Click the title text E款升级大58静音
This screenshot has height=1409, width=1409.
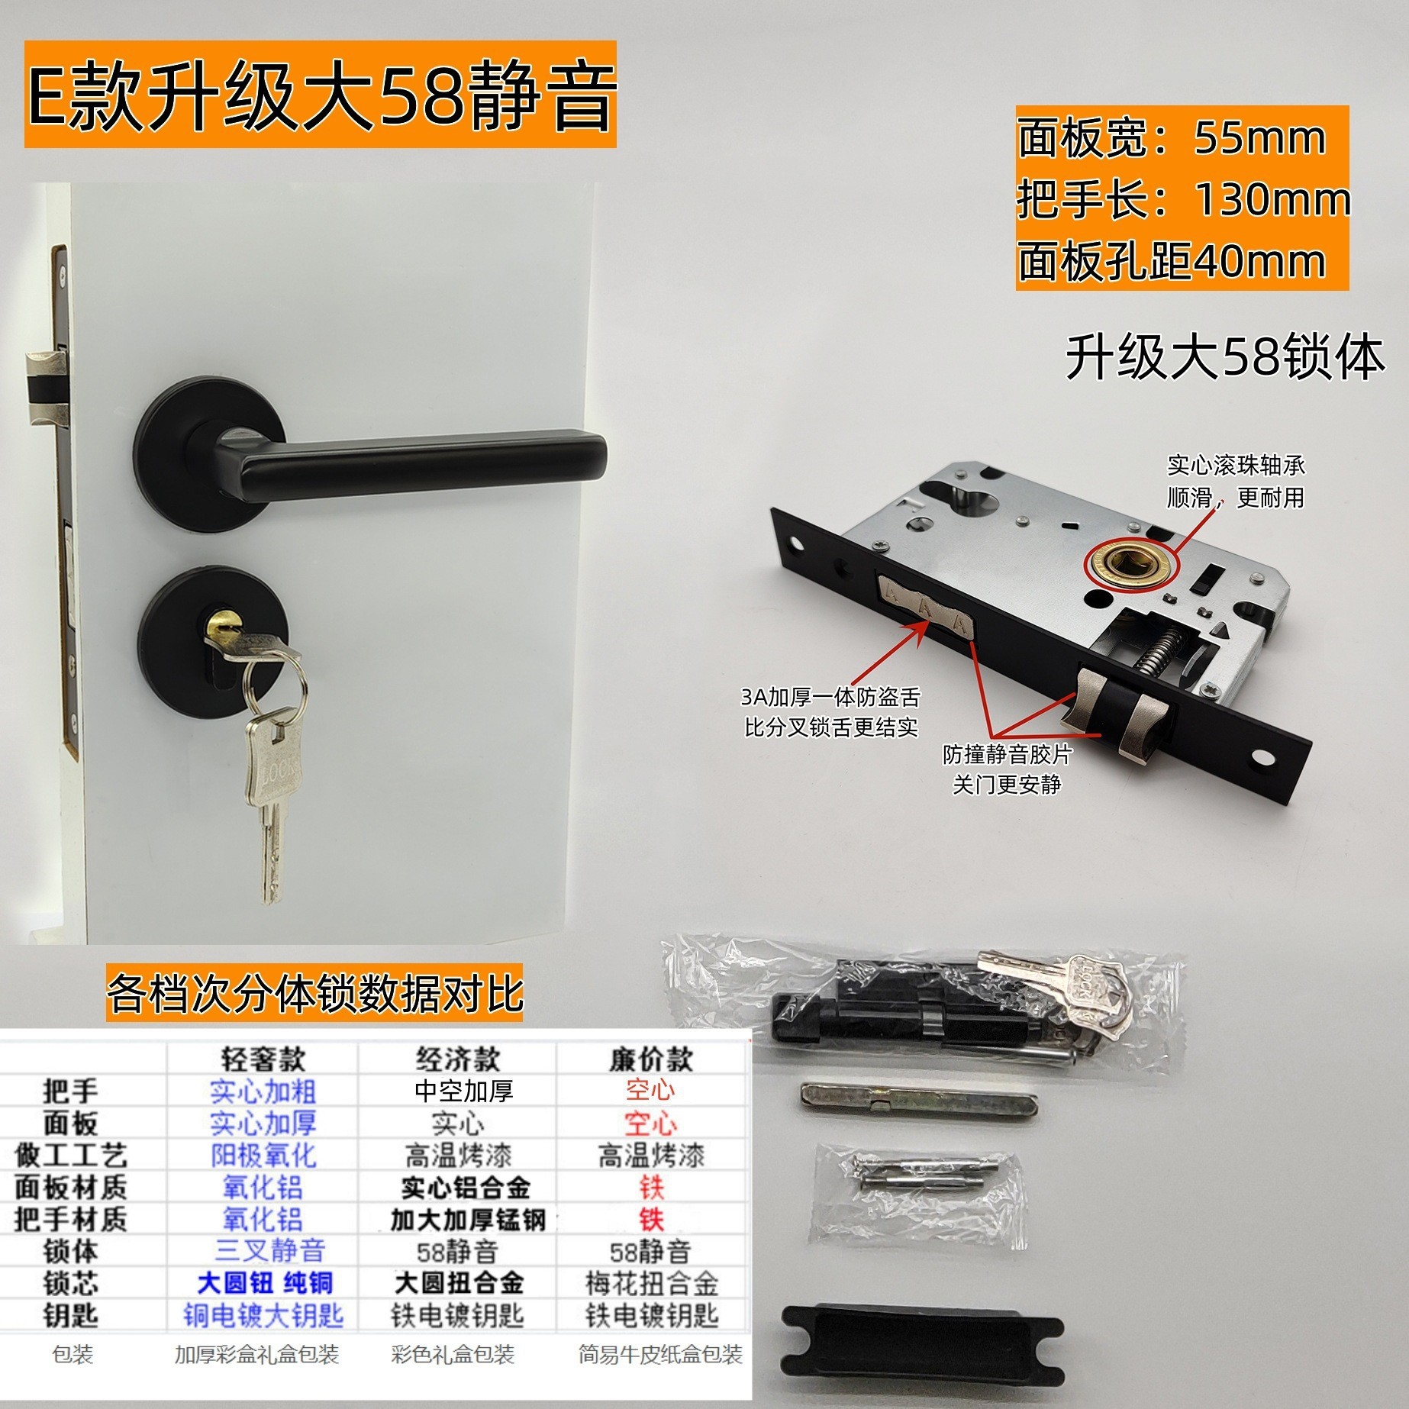point(321,98)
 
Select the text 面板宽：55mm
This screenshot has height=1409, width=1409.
point(1172,138)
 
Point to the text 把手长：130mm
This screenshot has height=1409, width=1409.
point(1183,200)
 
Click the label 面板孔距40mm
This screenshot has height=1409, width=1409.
point(1172,262)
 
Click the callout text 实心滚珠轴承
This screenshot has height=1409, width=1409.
point(1236,466)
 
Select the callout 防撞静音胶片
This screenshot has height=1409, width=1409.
point(1008,754)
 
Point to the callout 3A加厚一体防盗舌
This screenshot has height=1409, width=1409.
point(830,697)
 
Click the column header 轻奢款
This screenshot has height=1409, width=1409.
point(263,1059)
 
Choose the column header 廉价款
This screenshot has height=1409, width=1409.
point(650,1059)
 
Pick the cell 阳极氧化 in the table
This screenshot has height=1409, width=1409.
point(263,1156)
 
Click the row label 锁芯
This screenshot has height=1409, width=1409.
point(70,1283)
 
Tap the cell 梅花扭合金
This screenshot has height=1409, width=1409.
point(651,1283)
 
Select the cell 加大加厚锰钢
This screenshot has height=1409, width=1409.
point(467,1220)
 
